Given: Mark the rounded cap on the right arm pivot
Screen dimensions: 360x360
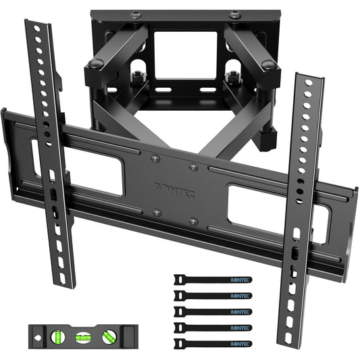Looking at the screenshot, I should [268, 66].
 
